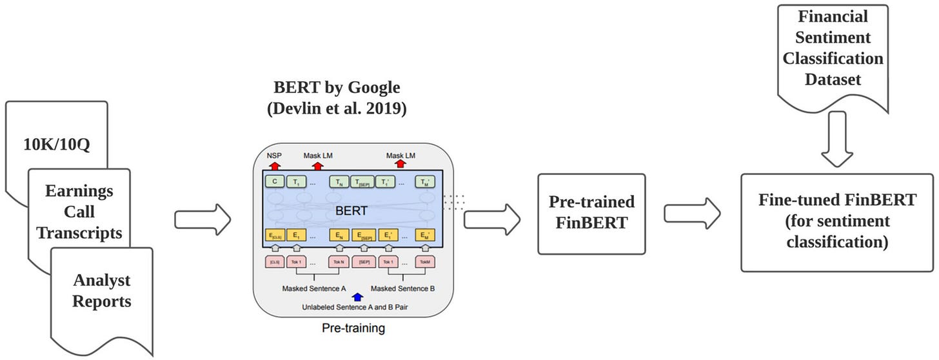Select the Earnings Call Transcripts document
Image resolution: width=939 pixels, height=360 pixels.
[79, 212]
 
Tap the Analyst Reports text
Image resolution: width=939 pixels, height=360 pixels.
[101, 291]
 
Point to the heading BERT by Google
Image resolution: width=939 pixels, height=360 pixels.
[336, 88]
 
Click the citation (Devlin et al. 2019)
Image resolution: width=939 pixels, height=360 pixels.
[336, 108]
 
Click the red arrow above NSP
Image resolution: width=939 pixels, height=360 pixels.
[274, 165]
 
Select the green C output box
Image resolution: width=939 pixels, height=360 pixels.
[274, 182]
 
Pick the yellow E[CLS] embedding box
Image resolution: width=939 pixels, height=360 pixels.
[274, 235]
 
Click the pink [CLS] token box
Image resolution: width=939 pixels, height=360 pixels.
[274, 262]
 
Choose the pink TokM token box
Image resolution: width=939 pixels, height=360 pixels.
[424, 262]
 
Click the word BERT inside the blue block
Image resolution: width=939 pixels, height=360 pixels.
[351, 211]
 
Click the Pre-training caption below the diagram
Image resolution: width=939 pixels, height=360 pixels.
[353, 328]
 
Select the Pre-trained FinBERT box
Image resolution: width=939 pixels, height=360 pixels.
[591, 213]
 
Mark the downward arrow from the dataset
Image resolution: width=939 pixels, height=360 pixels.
[837, 139]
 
